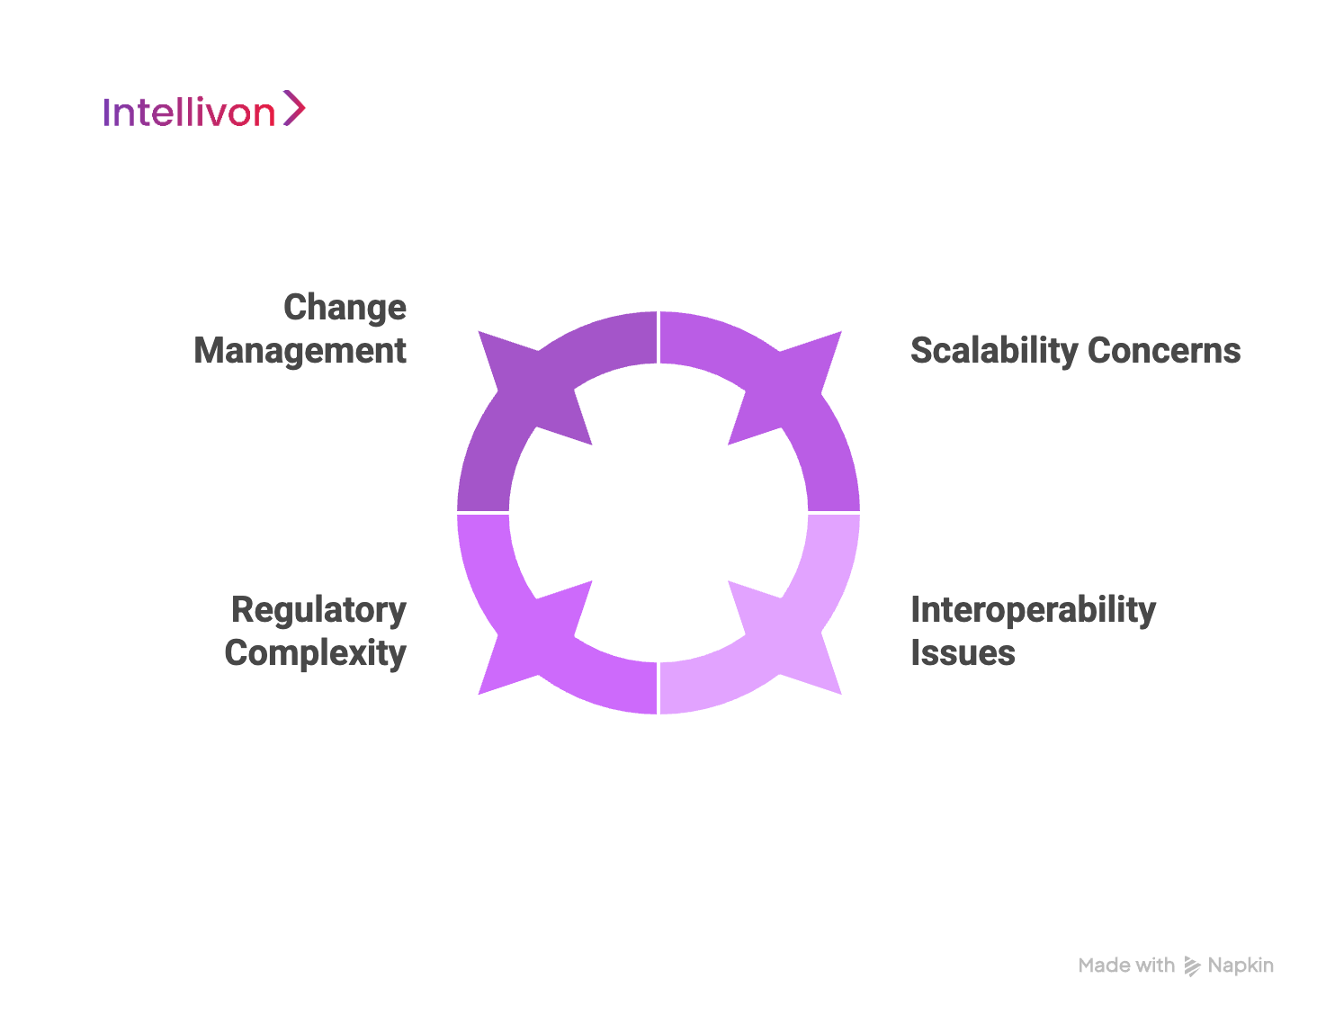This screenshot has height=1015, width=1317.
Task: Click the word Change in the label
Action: click(x=345, y=308)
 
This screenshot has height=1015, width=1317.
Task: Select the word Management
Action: click(x=300, y=351)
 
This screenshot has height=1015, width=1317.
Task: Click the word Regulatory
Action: click(x=318, y=610)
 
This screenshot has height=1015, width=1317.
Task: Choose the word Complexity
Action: click(x=315, y=653)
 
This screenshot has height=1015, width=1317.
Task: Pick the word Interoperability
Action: click(x=1033, y=610)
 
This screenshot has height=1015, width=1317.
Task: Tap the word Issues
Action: click(x=963, y=653)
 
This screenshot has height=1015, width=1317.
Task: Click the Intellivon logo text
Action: click(x=189, y=112)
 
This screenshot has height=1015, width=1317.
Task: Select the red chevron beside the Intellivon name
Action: click(x=294, y=108)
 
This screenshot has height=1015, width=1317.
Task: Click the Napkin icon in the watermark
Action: click(x=1192, y=966)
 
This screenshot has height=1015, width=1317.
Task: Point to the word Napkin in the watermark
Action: click(x=1241, y=966)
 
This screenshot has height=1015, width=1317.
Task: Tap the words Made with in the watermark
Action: click(x=1126, y=966)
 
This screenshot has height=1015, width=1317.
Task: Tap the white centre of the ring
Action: click(x=658, y=513)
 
